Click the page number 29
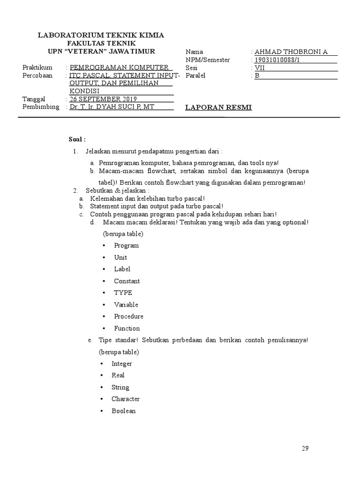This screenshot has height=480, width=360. [x=305, y=448]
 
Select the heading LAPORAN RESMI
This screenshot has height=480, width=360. [x=218, y=107]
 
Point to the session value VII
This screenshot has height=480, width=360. [x=260, y=67]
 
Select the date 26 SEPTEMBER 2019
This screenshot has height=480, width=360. [x=103, y=99]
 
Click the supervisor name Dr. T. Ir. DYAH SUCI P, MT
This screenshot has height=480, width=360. [x=112, y=106]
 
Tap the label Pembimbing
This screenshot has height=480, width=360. [x=41, y=106]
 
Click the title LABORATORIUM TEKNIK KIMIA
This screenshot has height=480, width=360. [x=101, y=35]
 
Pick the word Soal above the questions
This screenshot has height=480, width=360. [x=77, y=139]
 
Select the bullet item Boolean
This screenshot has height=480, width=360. [x=123, y=411]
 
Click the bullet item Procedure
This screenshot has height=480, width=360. [x=128, y=316]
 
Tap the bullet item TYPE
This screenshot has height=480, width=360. [x=123, y=292]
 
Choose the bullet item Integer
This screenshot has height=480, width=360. [x=122, y=363]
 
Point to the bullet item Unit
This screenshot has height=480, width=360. [x=120, y=257]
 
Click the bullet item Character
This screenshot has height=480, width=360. [x=126, y=399]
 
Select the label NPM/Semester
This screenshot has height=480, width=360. [x=208, y=60]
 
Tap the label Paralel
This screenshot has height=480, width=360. [x=196, y=75]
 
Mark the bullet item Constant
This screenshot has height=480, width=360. [x=127, y=281]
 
